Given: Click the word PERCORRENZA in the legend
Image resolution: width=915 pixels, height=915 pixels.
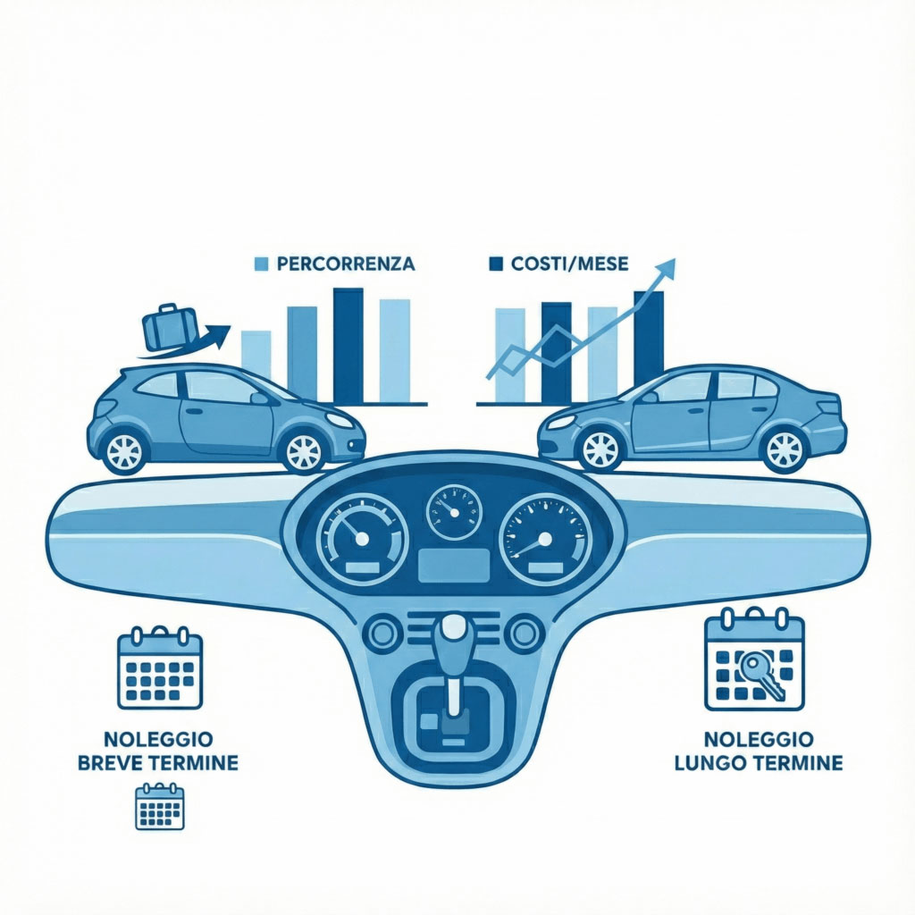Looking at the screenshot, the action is coord(346,264).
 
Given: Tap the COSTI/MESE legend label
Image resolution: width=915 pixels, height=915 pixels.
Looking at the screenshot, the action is coord(569,264).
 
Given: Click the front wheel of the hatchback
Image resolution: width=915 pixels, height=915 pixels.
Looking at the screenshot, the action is coord(304,450).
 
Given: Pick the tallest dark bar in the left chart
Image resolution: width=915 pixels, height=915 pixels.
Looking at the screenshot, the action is coord(348,346).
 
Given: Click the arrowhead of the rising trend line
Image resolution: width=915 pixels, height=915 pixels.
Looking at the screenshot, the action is coord(666,268).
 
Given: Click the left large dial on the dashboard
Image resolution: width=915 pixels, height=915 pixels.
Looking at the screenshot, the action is coord(362,538).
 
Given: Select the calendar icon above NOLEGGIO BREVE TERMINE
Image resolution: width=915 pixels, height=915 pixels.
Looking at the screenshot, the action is coord(160,667).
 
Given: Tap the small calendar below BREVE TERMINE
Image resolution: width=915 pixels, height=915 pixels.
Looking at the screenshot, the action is coord(159,807).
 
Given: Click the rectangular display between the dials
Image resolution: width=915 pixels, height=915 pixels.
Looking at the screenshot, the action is coord(455,565).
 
